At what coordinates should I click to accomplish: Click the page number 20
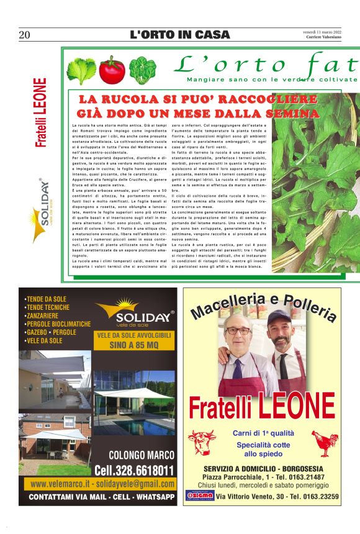[25, 35]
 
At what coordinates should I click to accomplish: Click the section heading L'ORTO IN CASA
[179, 35]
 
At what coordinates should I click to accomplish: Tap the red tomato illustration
[112, 71]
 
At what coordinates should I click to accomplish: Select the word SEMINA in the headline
[292, 114]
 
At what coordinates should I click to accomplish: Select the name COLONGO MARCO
[142, 455]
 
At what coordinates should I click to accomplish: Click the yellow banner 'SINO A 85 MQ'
[134, 345]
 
